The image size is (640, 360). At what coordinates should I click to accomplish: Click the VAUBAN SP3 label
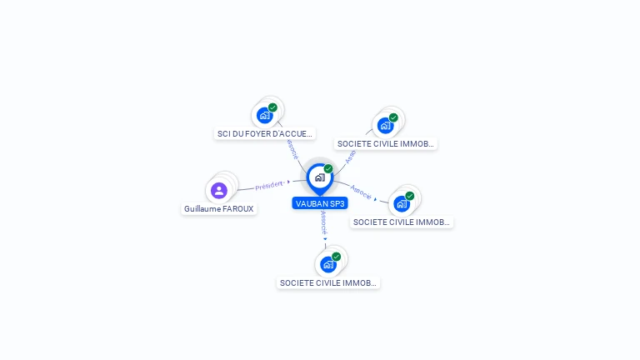[320, 203]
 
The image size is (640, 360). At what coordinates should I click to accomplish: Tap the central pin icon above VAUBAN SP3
[319, 177]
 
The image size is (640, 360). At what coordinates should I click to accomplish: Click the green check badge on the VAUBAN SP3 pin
[328, 168]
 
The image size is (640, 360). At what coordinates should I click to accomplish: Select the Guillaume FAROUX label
[219, 209]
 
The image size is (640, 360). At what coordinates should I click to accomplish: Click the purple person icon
[219, 191]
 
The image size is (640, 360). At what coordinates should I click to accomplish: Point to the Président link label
[269, 185]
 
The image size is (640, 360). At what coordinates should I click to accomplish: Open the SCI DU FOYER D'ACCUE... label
[265, 133]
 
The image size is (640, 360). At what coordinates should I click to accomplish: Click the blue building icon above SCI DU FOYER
[264, 116]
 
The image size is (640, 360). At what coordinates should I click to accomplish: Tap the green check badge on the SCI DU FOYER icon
[272, 107]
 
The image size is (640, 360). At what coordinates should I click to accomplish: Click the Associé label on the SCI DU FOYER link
[292, 149]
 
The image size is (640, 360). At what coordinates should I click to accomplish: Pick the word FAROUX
[238, 209]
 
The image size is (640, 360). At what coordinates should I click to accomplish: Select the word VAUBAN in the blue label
[311, 203]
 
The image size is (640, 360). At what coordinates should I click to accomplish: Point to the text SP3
[337, 203]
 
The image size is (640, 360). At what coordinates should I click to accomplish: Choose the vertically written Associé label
[323, 222]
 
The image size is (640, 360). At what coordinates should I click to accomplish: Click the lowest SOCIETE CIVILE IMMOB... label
[328, 283]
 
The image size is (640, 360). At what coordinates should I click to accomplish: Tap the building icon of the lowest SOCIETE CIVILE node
[327, 265]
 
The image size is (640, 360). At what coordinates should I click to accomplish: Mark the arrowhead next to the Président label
[288, 182]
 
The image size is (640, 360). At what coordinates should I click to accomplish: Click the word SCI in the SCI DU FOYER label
[223, 133]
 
